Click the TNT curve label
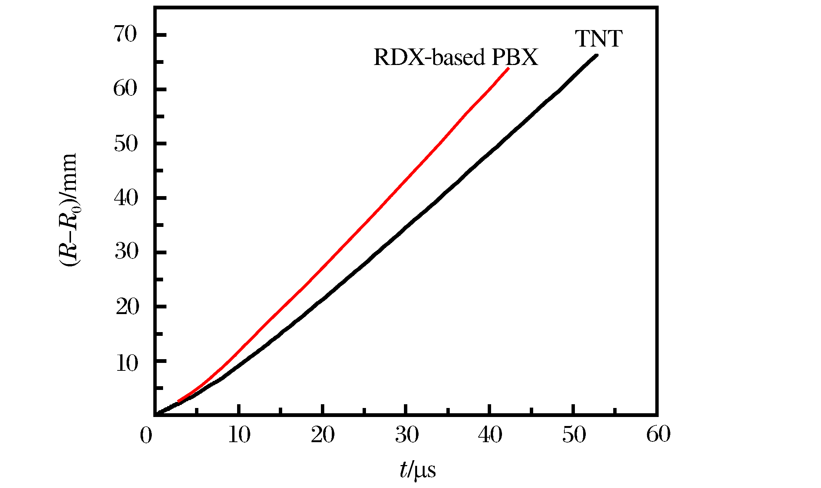click(599, 39)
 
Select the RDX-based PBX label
click(455, 58)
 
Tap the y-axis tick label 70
click(125, 35)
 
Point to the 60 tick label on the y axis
click(125, 89)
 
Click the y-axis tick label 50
click(125, 144)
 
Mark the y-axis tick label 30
click(126, 252)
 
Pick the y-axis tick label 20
click(127, 307)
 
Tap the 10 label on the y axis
click(127, 363)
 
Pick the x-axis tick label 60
click(658, 435)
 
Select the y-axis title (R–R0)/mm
click(68, 210)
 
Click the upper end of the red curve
click(508, 69)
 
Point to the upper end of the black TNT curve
click(596, 56)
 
